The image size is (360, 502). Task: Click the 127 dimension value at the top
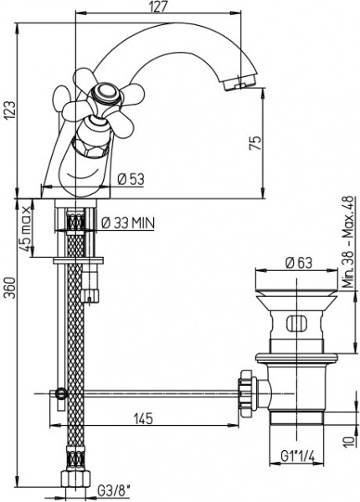(x=158, y=7)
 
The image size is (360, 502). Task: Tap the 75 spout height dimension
(x=255, y=143)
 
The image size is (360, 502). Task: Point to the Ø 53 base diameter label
(x=131, y=179)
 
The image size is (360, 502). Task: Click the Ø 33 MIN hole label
(x=128, y=223)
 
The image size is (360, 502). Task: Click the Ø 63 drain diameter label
(x=299, y=263)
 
